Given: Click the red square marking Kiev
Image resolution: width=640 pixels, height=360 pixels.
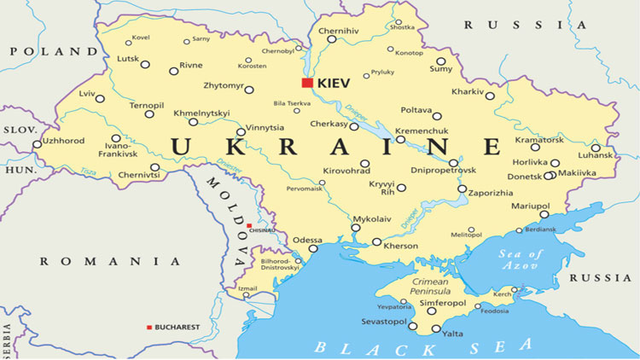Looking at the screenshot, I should (x=307, y=83).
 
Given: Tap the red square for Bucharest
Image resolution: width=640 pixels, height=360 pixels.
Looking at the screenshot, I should (x=149, y=327).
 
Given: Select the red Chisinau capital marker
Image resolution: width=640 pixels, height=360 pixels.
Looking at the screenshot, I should (x=248, y=226).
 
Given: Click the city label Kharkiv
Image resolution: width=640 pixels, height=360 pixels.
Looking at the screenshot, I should (x=467, y=91).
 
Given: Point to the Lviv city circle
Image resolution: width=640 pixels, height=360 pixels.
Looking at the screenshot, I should (x=100, y=99).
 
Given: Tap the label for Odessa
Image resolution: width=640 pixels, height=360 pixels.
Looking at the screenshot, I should (x=307, y=240).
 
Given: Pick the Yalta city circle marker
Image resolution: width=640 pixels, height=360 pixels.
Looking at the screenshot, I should (x=436, y=328).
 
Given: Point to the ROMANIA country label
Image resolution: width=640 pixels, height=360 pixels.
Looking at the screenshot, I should (x=104, y=261).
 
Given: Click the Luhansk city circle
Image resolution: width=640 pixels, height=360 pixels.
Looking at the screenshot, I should (x=596, y=148).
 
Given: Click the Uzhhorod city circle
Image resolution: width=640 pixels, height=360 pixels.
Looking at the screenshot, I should (x=37, y=144).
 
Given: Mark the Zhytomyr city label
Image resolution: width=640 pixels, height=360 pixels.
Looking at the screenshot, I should (x=223, y=86).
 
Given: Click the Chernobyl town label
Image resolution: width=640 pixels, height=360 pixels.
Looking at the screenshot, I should (x=277, y=51).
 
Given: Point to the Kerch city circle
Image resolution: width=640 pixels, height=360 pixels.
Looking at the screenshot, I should (x=537, y=290).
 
